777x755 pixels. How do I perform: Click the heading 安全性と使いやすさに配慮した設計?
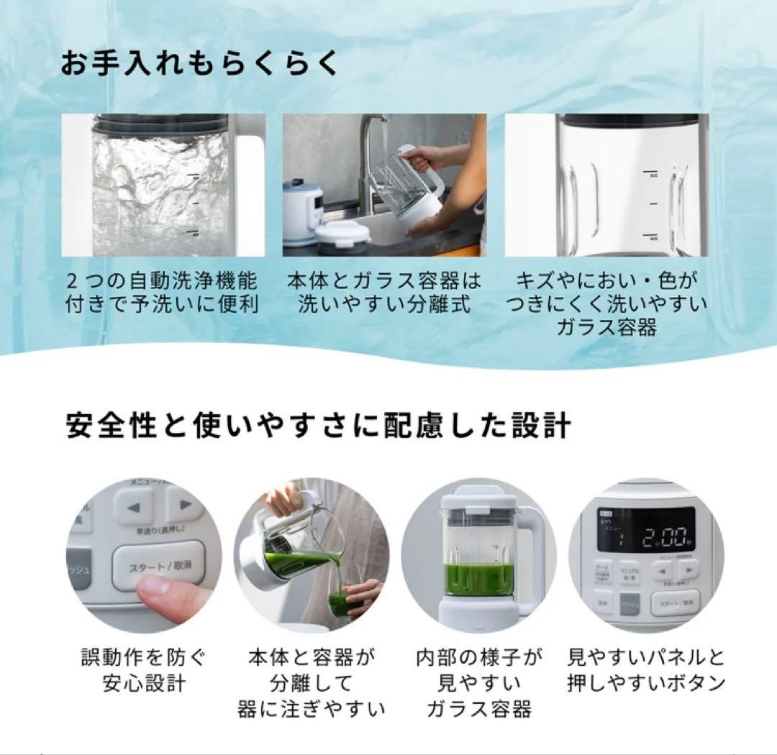pyautogui.click(x=317, y=426)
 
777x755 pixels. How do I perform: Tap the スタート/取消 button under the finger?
pyautogui.click(x=160, y=567)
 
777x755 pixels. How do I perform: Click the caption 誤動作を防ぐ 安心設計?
pyautogui.click(x=144, y=669)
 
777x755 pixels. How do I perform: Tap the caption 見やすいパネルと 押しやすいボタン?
pyautogui.click(x=645, y=669)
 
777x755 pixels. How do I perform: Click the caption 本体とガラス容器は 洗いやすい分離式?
pyautogui.click(x=384, y=292)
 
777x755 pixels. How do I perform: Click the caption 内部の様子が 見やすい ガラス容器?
pyautogui.click(x=479, y=682)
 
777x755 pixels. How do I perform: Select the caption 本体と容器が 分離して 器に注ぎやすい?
pyautogui.click(x=312, y=682)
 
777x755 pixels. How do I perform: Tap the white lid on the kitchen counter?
pyautogui.click(x=343, y=234)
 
